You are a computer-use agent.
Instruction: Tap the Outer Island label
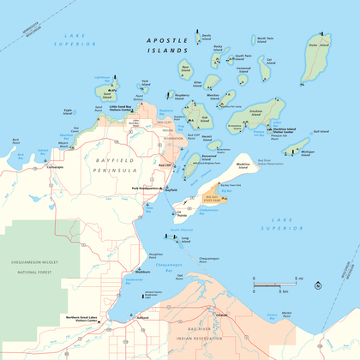pos(319,38)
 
